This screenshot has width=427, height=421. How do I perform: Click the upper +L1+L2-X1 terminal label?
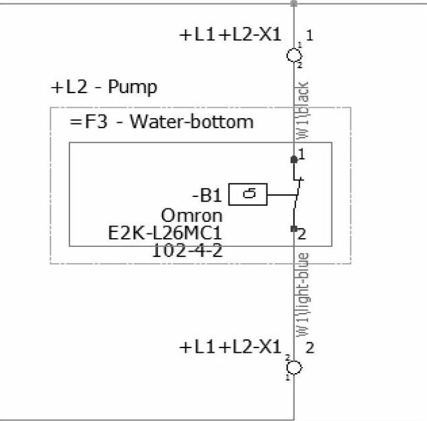[230, 36]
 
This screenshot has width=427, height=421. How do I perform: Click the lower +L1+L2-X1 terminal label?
[230, 348]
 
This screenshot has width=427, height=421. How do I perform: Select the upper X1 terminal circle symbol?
[294, 55]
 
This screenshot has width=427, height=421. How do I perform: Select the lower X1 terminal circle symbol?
[294, 367]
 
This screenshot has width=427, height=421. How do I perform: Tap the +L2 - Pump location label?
[104, 88]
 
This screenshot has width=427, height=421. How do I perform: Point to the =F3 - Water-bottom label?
[162, 122]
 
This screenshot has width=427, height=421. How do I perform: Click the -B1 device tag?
[206, 196]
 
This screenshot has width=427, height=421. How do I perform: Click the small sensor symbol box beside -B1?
[248, 195]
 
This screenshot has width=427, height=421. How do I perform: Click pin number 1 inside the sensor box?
[302, 155]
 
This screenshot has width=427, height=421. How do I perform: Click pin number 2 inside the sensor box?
[302, 235]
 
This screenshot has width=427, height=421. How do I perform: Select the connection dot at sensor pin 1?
[293, 159]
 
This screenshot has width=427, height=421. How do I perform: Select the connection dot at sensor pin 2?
[293, 229]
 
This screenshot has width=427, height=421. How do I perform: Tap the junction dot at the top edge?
[293, 3]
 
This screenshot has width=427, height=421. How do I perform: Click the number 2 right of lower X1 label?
[310, 348]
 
